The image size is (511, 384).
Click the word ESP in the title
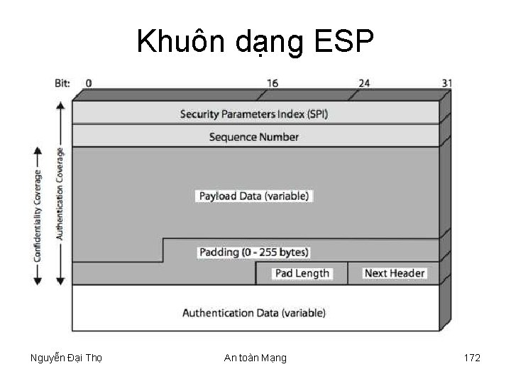(x=342, y=43)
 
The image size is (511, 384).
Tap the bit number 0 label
(x=89, y=83)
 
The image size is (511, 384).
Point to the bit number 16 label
(x=273, y=83)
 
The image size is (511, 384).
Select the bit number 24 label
(x=363, y=83)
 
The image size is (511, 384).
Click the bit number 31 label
(x=446, y=83)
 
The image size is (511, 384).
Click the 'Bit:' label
(x=62, y=83)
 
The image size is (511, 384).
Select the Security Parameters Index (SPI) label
(x=253, y=114)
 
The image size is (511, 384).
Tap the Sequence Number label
(x=253, y=137)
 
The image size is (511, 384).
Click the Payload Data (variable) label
(x=253, y=196)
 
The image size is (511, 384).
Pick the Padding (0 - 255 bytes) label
(x=253, y=252)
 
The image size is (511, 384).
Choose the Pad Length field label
(x=302, y=273)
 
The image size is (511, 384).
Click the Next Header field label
(x=395, y=273)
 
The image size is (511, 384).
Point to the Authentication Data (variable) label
(x=253, y=312)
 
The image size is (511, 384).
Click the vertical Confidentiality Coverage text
(x=38, y=213)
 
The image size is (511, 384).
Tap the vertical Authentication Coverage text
(x=60, y=193)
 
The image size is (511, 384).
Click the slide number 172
(x=472, y=358)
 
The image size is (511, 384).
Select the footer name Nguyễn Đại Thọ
(x=67, y=358)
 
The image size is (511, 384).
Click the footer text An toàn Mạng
(x=255, y=358)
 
